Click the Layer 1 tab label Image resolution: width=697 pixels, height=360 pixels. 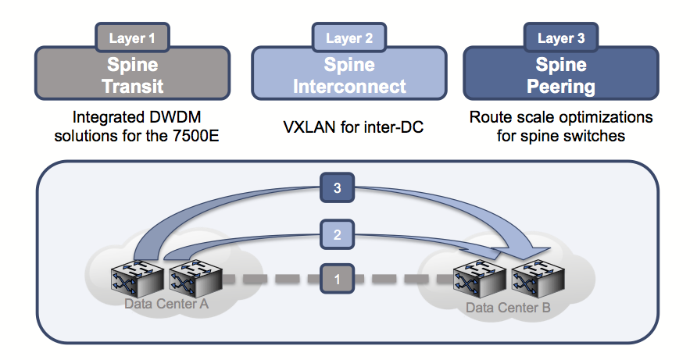(133, 37)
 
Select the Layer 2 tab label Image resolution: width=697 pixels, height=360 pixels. (349, 37)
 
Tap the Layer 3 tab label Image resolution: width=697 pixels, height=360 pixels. (561, 37)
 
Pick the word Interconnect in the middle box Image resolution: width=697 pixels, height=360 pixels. (349, 85)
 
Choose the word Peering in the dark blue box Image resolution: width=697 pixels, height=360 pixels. (561, 85)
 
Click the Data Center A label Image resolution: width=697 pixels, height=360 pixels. (166, 303)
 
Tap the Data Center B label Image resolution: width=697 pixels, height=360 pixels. (508, 308)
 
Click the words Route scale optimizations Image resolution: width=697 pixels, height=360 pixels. (560, 118)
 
